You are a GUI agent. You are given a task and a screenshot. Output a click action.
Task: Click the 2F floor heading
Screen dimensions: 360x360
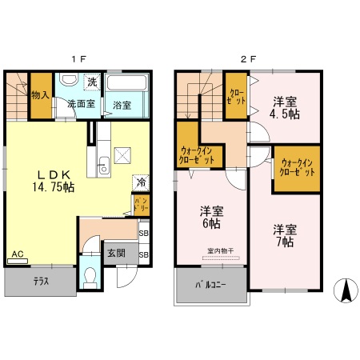pos(249,58)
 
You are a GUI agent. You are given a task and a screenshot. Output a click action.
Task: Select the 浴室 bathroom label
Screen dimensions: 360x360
pos(122,105)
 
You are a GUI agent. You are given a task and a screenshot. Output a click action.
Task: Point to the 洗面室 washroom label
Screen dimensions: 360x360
pos(80,104)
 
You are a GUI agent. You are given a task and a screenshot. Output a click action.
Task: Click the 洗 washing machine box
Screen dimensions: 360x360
pos(92,82)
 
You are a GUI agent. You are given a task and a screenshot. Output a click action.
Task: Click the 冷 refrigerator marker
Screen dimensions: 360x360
pos(141,182)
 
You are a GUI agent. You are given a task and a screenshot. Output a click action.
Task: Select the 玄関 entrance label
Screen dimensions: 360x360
pos(116,253)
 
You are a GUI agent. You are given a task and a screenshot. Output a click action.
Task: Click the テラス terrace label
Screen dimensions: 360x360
pos(42,282)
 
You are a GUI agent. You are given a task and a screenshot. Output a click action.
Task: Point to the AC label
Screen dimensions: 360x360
pos(17,255)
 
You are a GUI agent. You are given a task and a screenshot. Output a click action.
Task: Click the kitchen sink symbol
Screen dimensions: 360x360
pos(102,168)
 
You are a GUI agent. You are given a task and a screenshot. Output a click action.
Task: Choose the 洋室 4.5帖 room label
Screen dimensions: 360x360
pos(285,108)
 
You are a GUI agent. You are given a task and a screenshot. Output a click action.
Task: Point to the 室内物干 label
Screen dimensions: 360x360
pos(220,250)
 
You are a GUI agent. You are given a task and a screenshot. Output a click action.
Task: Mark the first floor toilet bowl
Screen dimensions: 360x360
pos(90,280)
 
